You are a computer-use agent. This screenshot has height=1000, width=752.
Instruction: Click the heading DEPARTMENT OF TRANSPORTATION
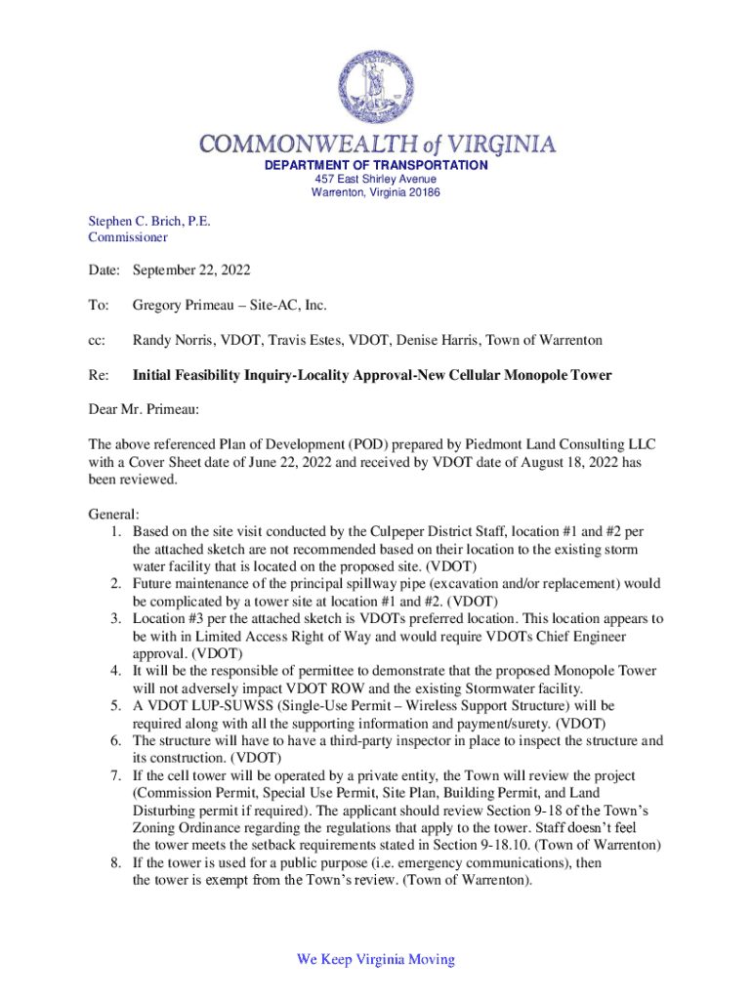pyautogui.click(x=376, y=165)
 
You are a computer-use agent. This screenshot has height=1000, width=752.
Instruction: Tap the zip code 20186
pyautogui.click(x=423, y=192)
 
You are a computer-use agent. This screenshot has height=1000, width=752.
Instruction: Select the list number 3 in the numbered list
pyautogui.click(x=114, y=619)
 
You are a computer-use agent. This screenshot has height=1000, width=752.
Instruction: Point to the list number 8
pyautogui.click(x=114, y=863)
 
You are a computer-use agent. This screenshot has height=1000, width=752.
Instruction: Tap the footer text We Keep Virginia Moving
pyautogui.click(x=376, y=959)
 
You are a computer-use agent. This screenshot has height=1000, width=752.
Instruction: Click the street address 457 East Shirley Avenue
pyautogui.click(x=376, y=180)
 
